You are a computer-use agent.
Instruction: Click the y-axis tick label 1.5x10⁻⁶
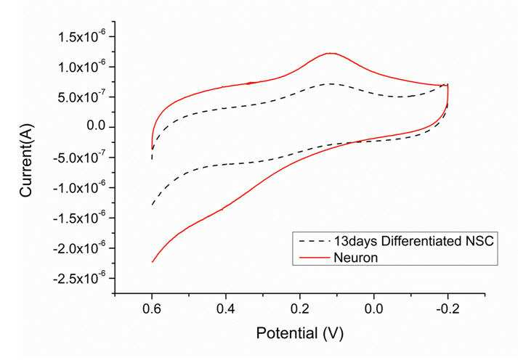pos(82,36)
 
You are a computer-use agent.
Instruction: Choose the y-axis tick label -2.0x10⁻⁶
pos(80,247)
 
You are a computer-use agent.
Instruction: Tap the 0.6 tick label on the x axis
pos(152,309)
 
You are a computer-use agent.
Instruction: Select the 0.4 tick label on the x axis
pos(226,309)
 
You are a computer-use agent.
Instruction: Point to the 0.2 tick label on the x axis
pos(300,309)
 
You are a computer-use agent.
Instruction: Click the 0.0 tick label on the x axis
pos(374,309)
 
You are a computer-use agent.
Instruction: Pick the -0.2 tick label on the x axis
pos(448,309)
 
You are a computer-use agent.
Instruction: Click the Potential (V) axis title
pos(299,334)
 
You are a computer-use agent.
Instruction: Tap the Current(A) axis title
pos(26,160)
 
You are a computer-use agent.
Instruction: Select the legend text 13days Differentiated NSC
pos(413,241)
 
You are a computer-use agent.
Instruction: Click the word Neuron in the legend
pos(356,258)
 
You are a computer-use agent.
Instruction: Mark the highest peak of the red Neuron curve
pos(331,53)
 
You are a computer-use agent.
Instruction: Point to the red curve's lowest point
pos(153,262)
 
